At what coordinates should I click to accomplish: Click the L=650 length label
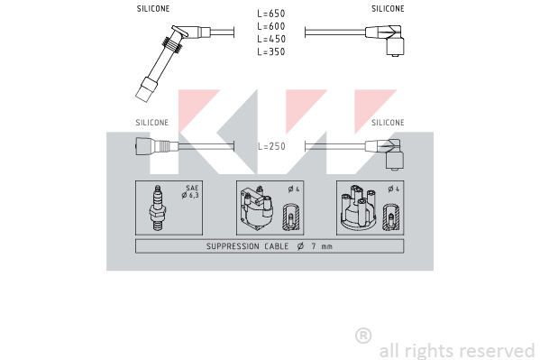pyautogui.click(x=271, y=14)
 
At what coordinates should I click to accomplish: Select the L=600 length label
pyautogui.click(x=271, y=26)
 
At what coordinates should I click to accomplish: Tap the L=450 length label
pyautogui.click(x=271, y=39)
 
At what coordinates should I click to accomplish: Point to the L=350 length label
pyautogui.click(x=271, y=51)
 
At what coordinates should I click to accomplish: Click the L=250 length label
pyautogui.click(x=271, y=146)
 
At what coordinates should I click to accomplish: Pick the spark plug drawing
pyautogui.click(x=158, y=208)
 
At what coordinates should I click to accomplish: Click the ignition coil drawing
pyautogui.click(x=257, y=208)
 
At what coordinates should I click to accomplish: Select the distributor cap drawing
pyautogui.click(x=359, y=208)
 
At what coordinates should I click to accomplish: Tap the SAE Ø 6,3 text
pyautogui.click(x=191, y=191)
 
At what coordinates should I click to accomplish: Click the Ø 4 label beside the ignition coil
pyautogui.click(x=294, y=189)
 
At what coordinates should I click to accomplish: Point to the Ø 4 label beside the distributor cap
pyautogui.click(x=394, y=189)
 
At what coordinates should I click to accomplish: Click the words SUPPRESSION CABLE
pyautogui.click(x=247, y=246)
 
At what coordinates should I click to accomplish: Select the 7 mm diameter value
pyautogui.click(x=322, y=246)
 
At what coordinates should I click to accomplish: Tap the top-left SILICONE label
pyautogui.click(x=153, y=9)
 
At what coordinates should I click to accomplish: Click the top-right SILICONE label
pyautogui.click(x=388, y=9)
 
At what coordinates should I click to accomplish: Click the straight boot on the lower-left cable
pyautogui.click(x=157, y=146)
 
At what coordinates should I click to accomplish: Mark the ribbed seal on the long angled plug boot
pyautogui.click(x=172, y=45)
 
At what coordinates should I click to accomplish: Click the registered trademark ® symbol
pyautogui.click(x=363, y=336)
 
